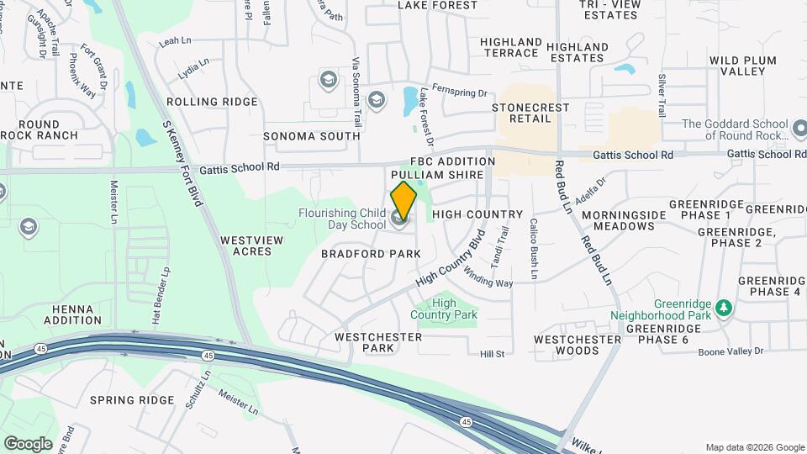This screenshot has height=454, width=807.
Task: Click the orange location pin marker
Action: (404, 203)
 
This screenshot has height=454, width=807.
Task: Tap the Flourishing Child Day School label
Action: (342, 219)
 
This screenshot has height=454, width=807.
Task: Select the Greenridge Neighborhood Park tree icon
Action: (722, 309)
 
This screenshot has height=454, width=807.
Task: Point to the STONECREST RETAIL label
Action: (530, 113)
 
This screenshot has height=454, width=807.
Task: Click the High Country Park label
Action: (444, 309)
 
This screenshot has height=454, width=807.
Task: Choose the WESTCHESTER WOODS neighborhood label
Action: (578, 345)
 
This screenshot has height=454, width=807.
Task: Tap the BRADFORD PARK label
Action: (371, 253)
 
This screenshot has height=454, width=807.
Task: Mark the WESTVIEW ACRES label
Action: (251, 245)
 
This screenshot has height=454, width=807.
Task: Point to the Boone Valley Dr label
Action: (731, 351)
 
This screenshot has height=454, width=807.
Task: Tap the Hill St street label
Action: (492, 354)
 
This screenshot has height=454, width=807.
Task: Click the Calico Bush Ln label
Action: (533, 249)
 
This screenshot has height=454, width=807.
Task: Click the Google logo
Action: (28, 443)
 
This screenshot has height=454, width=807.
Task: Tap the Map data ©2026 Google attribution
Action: (754, 447)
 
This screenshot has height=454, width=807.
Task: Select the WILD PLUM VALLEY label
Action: (746, 66)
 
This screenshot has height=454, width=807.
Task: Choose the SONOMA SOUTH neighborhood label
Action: (311, 136)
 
